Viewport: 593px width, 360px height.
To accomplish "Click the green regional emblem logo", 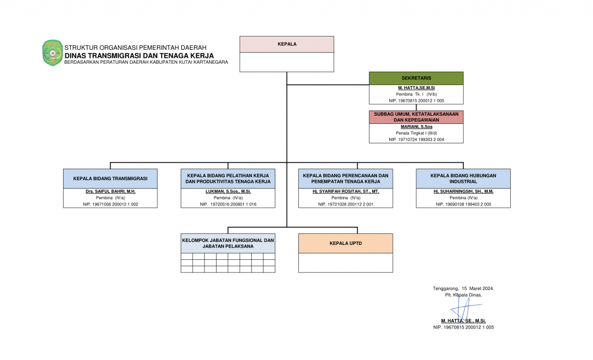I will click(x=53, y=53).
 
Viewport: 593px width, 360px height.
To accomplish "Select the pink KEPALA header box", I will click(x=287, y=44).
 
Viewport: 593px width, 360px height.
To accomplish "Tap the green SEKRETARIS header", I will click(x=416, y=78).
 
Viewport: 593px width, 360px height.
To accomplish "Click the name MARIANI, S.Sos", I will click(x=416, y=126).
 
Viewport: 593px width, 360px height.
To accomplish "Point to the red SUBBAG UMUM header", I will click(x=416, y=117).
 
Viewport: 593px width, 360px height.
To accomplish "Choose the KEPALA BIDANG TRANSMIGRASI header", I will click(x=110, y=178).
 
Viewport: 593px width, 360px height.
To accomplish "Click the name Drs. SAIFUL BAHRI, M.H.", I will click(x=110, y=191).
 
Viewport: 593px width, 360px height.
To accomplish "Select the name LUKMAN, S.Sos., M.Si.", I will click(x=228, y=191).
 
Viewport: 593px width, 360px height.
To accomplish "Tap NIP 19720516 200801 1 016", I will click(x=228, y=204).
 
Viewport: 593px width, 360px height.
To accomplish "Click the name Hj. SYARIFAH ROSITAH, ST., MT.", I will click(x=345, y=191).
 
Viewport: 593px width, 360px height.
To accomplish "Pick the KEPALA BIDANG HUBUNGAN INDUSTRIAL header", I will click(x=463, y=178).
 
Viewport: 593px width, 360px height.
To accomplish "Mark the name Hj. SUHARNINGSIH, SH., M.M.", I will click(x=463, y=191).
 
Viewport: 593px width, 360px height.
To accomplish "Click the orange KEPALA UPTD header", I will click(x=345, y=243).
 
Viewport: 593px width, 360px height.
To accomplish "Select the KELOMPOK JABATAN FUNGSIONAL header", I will click(x=228, y=243).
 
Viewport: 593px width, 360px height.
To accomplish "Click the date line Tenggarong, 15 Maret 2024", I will click(x=463, y=288).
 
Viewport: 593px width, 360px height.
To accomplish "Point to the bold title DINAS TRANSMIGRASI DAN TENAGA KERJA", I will click(x=139, y=56).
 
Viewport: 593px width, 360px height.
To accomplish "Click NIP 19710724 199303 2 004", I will click(x=416, y=139).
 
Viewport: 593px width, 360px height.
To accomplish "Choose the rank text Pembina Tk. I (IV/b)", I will click(x=416, y=94).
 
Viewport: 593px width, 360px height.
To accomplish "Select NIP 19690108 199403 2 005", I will click(x=463, y=204).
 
